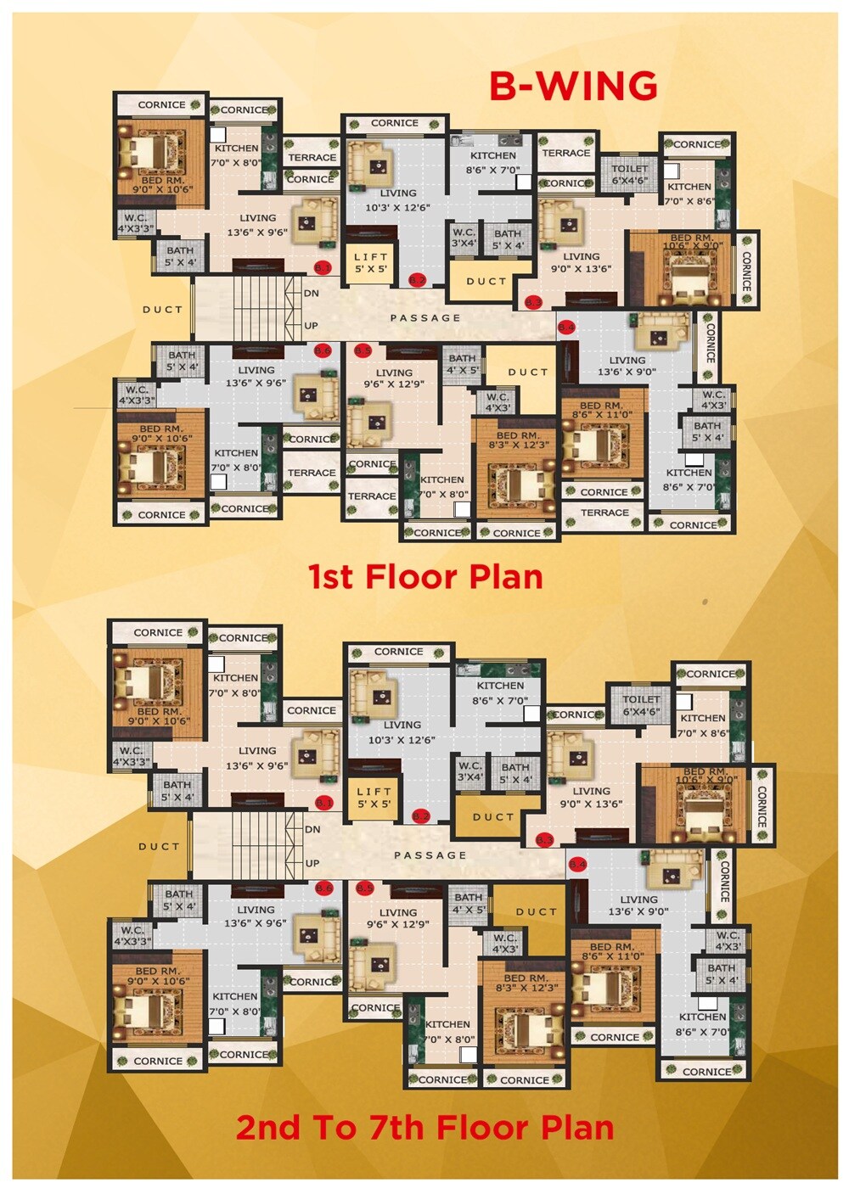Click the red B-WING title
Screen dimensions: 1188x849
pyautogui.click(x=573, y=86)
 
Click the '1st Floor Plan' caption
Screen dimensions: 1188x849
pyautogui.click(x=425, y=577)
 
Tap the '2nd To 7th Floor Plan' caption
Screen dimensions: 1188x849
pyautogui.click(x=424, y=1128)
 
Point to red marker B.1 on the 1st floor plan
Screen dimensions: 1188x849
pyautogui.click(x=323, y=267)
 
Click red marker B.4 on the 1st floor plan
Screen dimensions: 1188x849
pyautogui.click(x=566, y=327)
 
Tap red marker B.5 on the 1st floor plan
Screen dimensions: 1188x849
pyautogui.click(x=363, y=350)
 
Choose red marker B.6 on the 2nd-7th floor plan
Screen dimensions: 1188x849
pyautogui.click(x=323, y=888)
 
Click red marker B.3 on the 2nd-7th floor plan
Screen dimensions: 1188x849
pyautogui.click(x=545, y=840)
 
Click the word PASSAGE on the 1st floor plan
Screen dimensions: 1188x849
pyautogui.click(x=425, y=318)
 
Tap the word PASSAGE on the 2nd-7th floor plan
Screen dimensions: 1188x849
pyautogui.click(x=430, y=855)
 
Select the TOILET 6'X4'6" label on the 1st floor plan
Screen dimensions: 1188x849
pyautogui.click(x=629, y=174)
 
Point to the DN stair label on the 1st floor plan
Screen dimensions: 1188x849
pyautogui.click(x=312, y=293)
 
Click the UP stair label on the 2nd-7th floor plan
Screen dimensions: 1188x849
pyautogui.click(x=312, y=863)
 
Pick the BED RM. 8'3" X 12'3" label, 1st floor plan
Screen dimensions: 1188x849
pyautogui.click(x=517, y=440)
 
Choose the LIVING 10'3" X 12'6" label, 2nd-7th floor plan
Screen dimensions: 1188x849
pyautogui.click(x=402, y=732)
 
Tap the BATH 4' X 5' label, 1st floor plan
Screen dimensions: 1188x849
pyautogui.click(x=462, y=364)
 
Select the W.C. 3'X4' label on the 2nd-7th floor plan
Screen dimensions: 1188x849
pyautogui.click(x=470, y=771)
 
